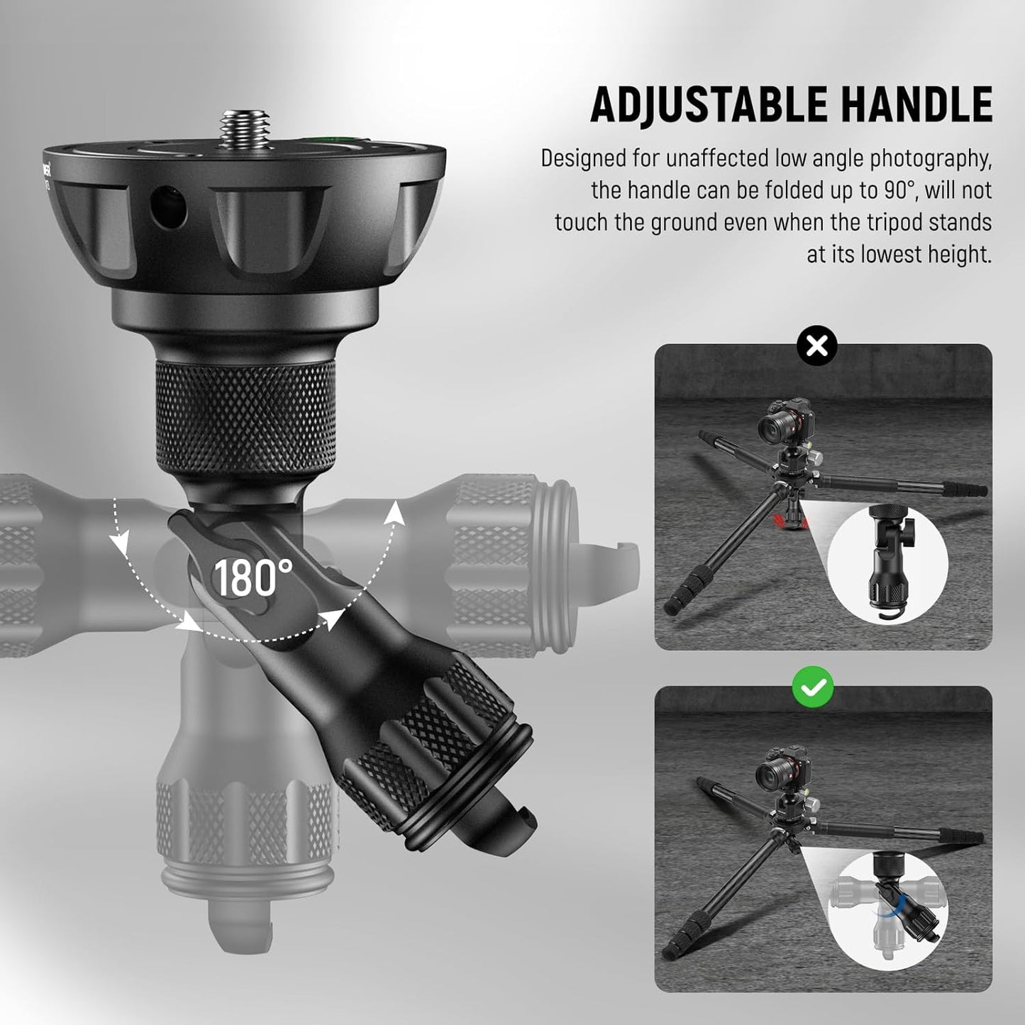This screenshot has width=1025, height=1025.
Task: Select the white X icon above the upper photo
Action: pos(816,346)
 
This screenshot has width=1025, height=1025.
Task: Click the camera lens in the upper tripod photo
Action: pos(774,428)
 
